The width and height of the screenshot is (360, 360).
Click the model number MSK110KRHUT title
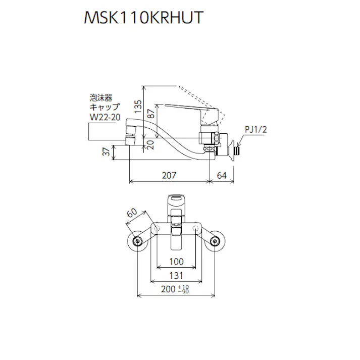pyautogui.click(x=143, y=18)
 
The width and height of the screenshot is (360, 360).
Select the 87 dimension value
pyautogui.click(x=149, y=115)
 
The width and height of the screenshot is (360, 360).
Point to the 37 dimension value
pyautogui.click(x=106, y=152)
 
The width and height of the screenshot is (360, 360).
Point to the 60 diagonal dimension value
pyautogui.click(x=132, y=214)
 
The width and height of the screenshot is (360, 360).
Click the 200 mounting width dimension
pyautogui.click(x=168, y=290)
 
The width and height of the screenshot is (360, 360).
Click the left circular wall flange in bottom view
pyautogui.click(x=138, y=242)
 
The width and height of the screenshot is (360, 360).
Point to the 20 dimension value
pyautogui.click(x=149, y=143)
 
